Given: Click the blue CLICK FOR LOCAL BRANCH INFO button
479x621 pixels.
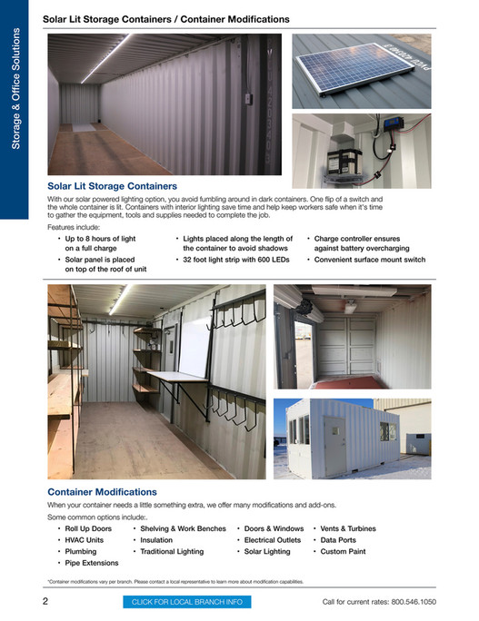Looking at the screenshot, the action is click(186, 602).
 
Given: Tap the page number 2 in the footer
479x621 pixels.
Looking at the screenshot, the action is click(45, 601).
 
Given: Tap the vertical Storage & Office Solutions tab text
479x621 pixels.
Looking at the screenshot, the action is click(15, 91).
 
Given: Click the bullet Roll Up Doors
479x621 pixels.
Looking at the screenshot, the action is click(88, 527).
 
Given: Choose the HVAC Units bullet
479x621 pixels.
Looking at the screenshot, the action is click(85, 539).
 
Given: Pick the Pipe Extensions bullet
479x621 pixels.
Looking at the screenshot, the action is click(91, 563).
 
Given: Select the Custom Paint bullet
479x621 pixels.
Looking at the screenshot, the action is click(344, 551).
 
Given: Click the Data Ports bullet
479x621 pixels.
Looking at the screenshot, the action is click(339, 539).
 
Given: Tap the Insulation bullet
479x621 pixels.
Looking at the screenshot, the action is click(156, 539).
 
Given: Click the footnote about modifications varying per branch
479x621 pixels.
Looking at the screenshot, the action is click(175, 581).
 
